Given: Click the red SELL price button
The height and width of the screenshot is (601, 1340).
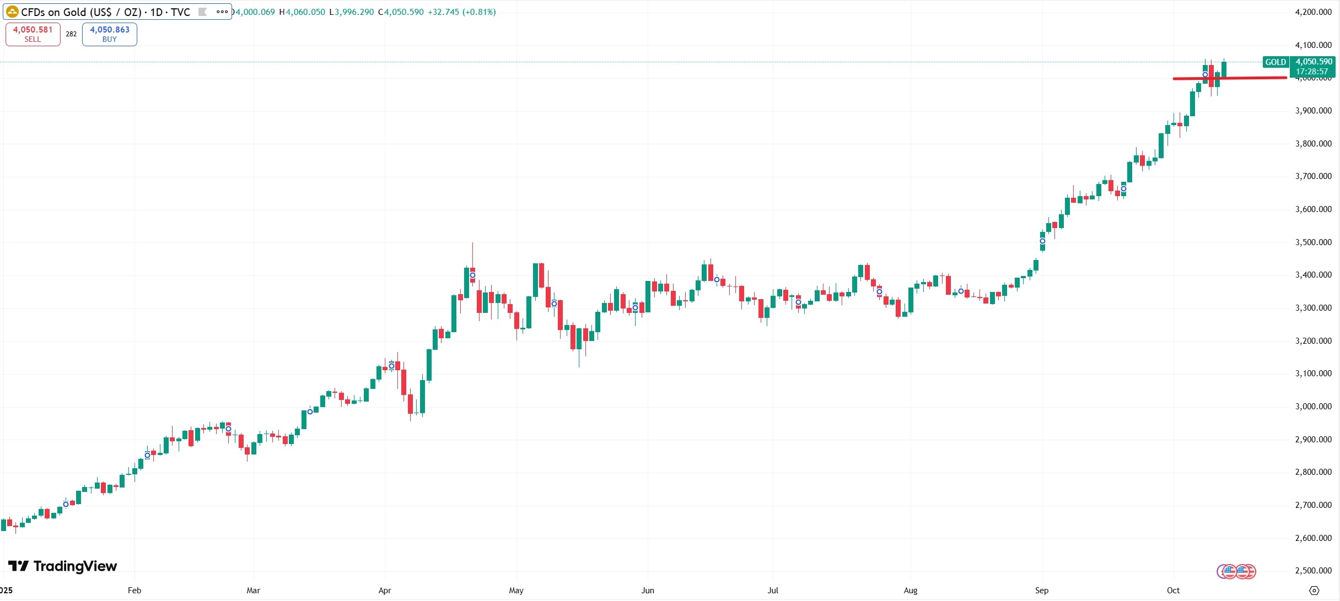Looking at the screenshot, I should coord(33,34).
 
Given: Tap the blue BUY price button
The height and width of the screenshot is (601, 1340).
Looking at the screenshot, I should coord(109,34).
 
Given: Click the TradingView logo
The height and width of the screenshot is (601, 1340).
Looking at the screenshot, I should coord(62,566).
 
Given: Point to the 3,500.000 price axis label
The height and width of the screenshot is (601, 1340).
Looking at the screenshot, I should coord(1313,242).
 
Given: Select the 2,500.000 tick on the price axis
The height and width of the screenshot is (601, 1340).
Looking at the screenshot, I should coord(1313,571).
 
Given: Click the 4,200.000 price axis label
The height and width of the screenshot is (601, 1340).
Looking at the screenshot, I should coord(1313,12).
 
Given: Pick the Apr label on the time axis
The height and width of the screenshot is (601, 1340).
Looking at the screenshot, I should coord(385,591).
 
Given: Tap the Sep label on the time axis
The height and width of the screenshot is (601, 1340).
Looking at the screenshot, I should coord(1041,591).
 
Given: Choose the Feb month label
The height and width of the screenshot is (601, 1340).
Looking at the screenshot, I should coord(134,591).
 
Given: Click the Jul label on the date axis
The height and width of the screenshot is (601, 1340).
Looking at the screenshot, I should coord(773,591).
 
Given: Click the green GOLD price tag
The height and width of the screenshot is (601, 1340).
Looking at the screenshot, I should coord(1275,62).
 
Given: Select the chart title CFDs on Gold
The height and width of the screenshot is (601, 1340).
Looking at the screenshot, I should coord(105,12).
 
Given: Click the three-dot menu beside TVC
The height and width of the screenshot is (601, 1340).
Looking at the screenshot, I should coord(222,12).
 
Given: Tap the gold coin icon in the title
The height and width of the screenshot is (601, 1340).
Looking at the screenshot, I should coord(12,12).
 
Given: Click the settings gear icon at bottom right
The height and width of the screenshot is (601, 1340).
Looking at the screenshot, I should coord(1314,591).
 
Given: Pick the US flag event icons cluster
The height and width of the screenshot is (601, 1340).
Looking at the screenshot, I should coord(1236,572).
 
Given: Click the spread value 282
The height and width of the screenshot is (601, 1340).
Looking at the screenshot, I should coord(71,34).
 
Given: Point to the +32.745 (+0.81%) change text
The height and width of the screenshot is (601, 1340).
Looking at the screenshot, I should coord(461,12).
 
